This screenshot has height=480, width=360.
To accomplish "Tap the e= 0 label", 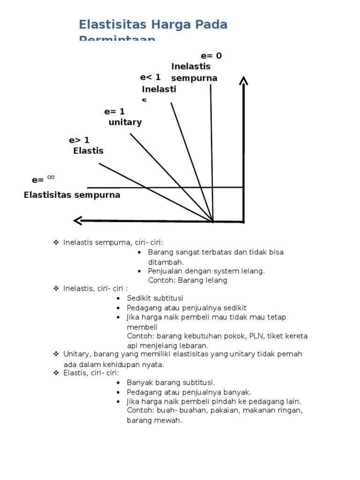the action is pos(211,56).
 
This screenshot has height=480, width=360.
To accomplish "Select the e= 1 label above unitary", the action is pos(114,112).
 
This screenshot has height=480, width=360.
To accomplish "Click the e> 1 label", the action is pos(79,140).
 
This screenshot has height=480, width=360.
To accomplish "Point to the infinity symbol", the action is pos(51,177).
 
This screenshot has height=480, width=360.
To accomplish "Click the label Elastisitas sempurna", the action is pos(72,195).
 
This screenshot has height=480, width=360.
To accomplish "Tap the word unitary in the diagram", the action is pos(125,122).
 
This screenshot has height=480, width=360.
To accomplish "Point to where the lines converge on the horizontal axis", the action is pos(213,221).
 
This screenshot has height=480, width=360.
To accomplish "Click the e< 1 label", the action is pos(150,77).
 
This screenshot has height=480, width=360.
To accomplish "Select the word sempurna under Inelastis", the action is pos(194,78).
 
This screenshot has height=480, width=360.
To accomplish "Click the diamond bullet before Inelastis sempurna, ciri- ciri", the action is pos(55,242).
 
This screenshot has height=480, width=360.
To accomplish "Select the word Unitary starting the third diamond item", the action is pos(75,354).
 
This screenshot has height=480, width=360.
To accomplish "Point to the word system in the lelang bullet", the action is pos(215,271).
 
